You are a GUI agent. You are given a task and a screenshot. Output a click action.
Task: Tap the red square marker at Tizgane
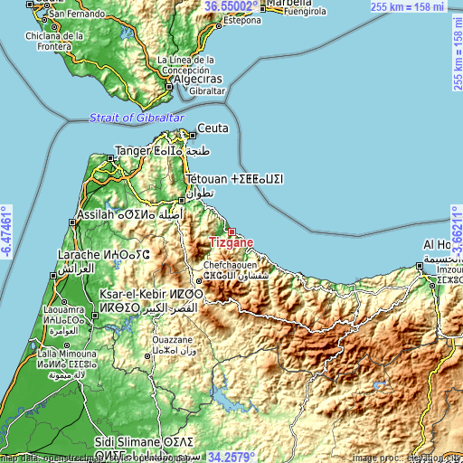pos(231,231)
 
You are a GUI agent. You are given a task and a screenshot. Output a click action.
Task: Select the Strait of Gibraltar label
pos(137,118)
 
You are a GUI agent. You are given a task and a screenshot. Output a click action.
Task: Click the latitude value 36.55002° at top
pos(231,5)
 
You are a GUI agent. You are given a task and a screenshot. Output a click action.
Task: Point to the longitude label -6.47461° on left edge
pos(6,231)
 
